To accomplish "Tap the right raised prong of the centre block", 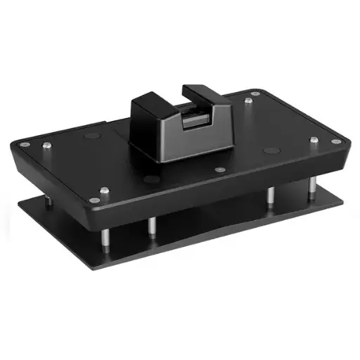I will pos(200,92).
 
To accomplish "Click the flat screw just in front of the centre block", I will pos(220,169).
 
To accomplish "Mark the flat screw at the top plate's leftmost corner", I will pos(25,144).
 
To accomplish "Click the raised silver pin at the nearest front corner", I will pos(104,191).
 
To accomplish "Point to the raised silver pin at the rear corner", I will pos(250,102).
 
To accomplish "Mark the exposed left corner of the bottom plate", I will pos(21,205).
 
